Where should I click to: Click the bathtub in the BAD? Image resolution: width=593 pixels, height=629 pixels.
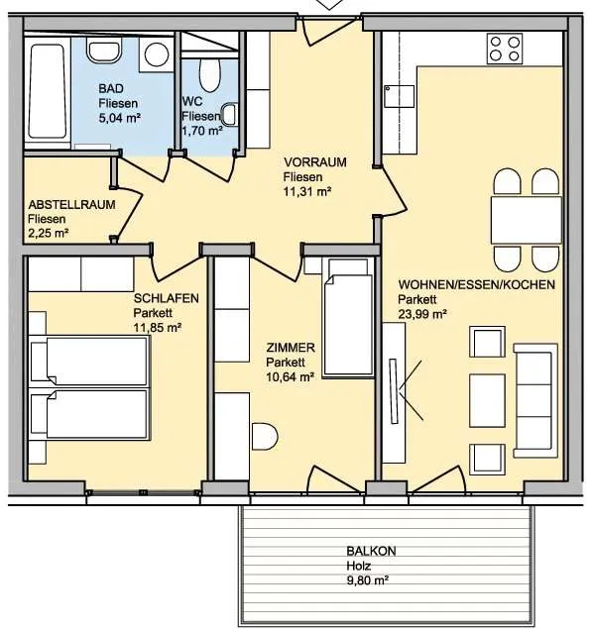point(48,92)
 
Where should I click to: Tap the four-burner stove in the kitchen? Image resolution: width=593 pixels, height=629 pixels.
point(505,49)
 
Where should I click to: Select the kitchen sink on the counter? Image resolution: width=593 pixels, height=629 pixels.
point(399,96)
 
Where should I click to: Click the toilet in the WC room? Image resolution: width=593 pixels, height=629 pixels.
point(210,75)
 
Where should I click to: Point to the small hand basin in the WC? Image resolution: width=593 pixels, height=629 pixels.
point(230,115)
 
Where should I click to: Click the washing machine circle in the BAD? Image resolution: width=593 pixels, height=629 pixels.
point(157,54)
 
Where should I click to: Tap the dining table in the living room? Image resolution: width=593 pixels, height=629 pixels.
point(526,220)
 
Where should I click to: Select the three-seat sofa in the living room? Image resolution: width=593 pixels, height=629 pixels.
point(535,400)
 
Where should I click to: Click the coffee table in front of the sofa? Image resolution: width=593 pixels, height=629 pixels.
point(488,400)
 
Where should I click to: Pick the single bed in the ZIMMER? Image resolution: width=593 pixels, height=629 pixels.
point(348,318)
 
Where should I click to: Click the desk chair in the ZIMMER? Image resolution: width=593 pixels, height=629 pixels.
point(265,436)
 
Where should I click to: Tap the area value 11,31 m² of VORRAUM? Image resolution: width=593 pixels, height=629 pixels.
point(307,192)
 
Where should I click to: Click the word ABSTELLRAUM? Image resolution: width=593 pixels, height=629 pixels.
point(71,205)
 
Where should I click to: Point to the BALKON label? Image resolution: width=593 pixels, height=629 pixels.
point(372,551)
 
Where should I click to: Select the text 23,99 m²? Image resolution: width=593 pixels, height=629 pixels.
point(422,314)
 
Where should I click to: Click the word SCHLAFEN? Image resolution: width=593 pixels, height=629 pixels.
point(167,298)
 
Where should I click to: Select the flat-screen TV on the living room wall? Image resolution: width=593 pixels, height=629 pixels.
point(395,391)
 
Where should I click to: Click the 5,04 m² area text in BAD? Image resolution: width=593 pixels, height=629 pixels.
point(119,118)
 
